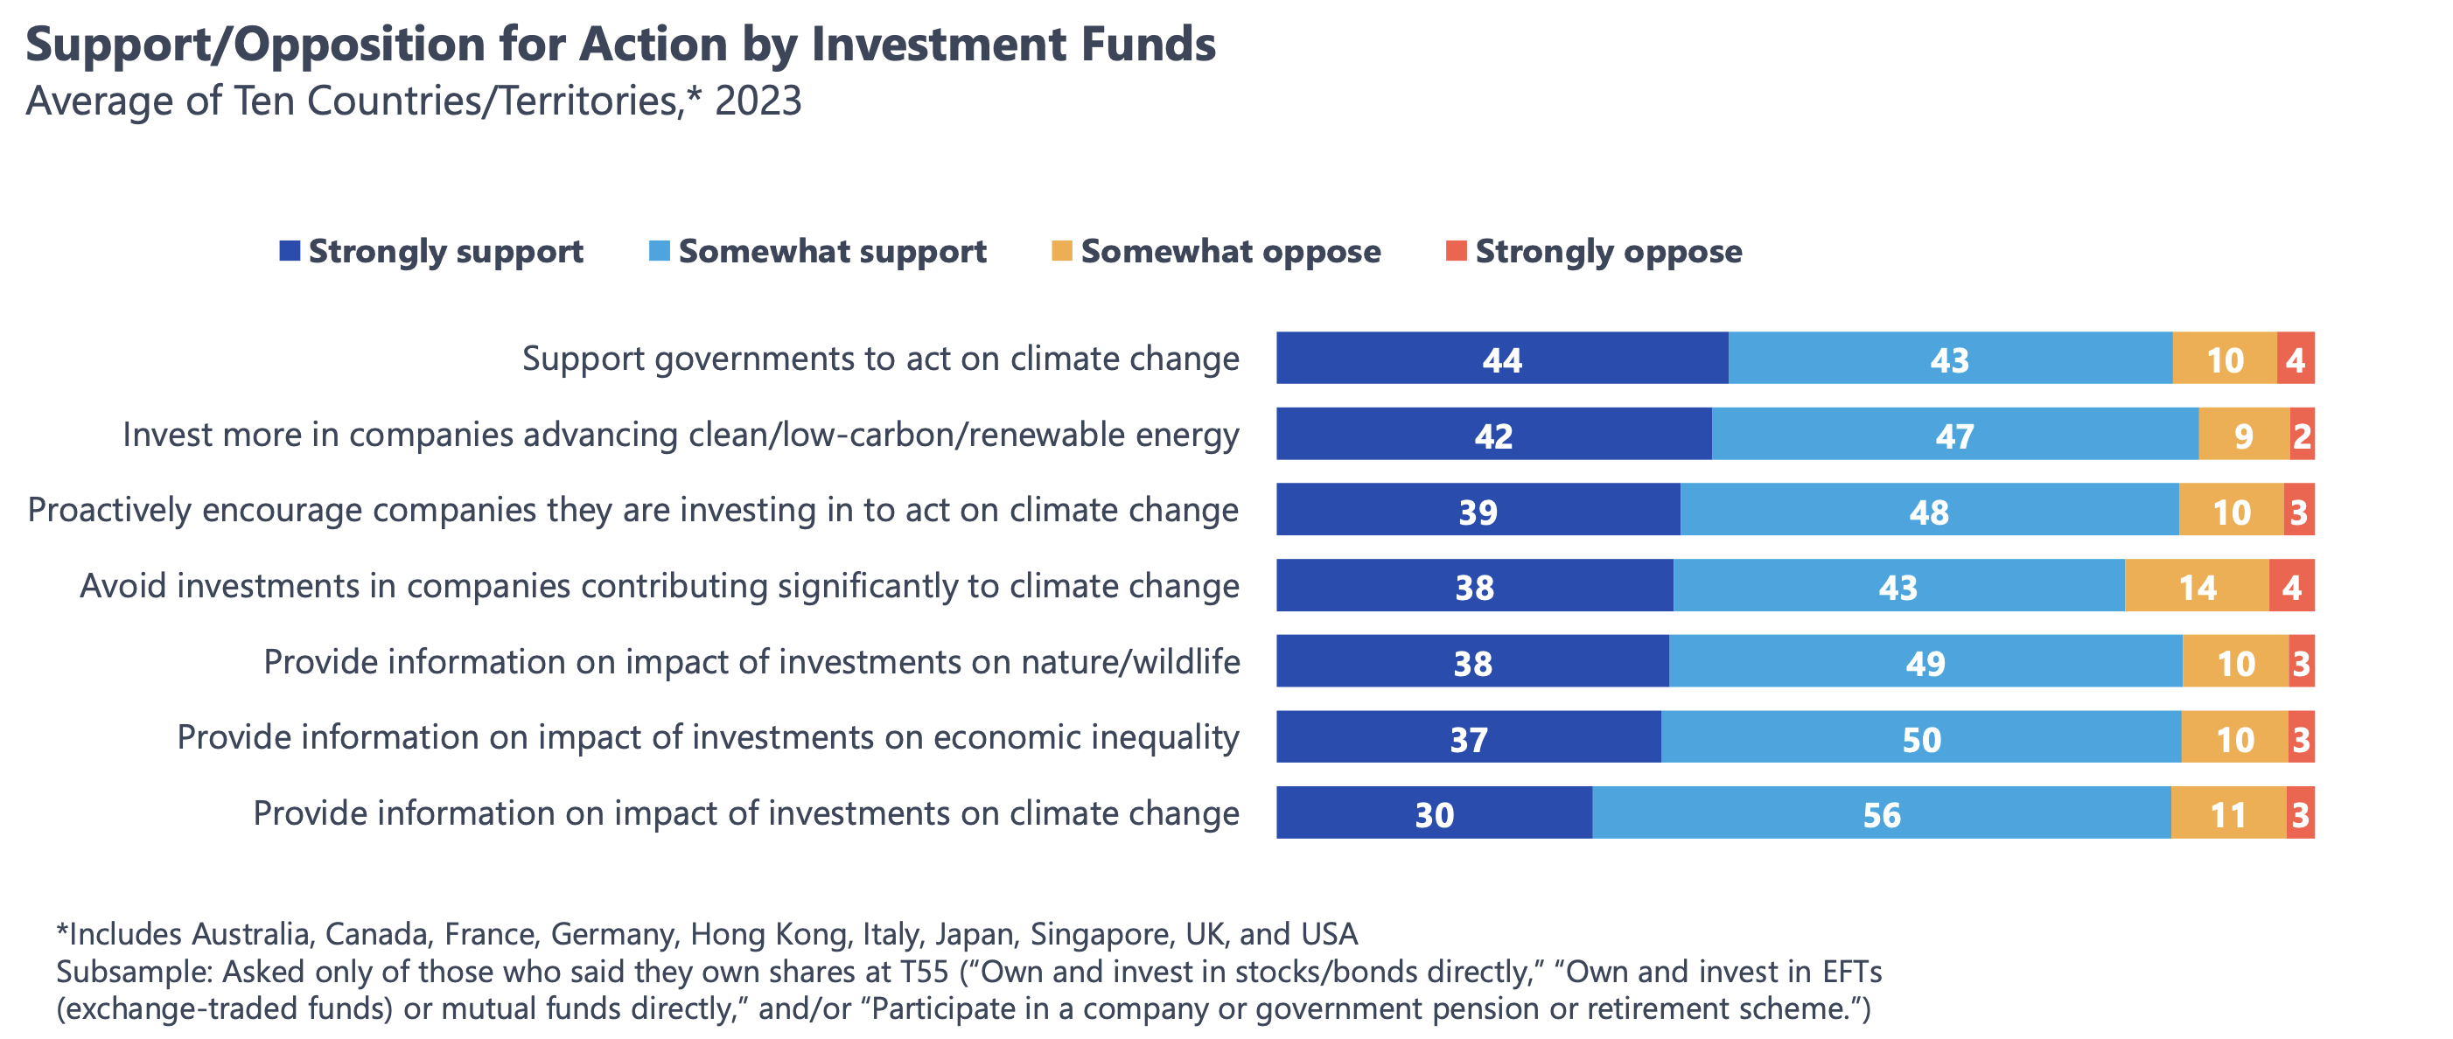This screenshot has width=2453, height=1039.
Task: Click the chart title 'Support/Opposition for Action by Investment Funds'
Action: [x=620, y=45]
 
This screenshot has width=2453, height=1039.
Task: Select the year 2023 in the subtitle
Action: [x=758, y=101]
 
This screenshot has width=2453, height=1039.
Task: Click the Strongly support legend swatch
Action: [x=290, y=251]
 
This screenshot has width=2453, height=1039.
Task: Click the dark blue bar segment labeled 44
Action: [x=1502, y=359]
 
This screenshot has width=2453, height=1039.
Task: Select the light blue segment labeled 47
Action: [x=1954, y=436]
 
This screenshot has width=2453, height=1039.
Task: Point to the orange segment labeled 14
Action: [x=2196, y=587]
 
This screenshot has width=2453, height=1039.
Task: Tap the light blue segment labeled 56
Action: [x=1881, y=814]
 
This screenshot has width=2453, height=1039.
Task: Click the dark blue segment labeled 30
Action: [x=1433, y=814]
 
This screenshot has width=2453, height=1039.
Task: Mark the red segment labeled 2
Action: [x=2302, y=436]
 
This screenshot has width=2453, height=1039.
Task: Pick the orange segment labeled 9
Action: [x=2244, y=436]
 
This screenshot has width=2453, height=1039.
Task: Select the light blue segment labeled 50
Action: [x=1921, y=738]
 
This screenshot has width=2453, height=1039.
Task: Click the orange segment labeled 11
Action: [x=2227, y=814]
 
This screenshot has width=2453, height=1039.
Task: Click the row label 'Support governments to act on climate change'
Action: [x=880, y=359]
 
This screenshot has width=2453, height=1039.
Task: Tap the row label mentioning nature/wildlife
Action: [x=751, y=662]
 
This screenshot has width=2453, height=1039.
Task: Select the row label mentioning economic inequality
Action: [x=708, y=738]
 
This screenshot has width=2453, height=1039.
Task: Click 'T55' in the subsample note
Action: [x=924, y=973]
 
